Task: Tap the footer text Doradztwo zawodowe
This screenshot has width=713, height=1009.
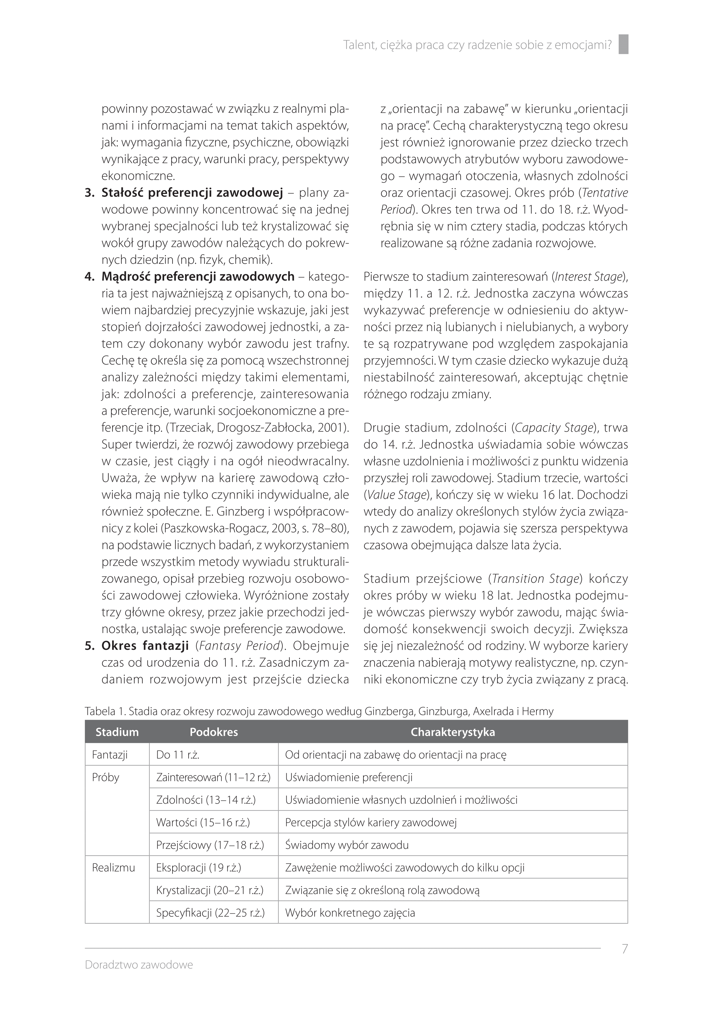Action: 139,965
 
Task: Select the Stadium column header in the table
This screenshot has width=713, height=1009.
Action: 117,732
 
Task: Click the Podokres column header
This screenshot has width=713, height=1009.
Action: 214,732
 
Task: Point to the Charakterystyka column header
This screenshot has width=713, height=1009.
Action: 453,732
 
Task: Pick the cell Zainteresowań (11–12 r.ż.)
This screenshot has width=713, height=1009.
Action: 213,777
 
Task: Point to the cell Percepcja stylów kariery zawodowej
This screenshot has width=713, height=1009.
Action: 371,822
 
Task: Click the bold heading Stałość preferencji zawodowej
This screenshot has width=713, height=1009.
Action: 192,193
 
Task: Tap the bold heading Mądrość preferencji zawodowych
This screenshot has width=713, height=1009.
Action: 198,276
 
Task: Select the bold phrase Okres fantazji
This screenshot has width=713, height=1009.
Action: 145,645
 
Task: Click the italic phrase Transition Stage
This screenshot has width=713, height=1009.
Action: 536,579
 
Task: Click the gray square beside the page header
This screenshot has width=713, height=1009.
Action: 623,44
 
